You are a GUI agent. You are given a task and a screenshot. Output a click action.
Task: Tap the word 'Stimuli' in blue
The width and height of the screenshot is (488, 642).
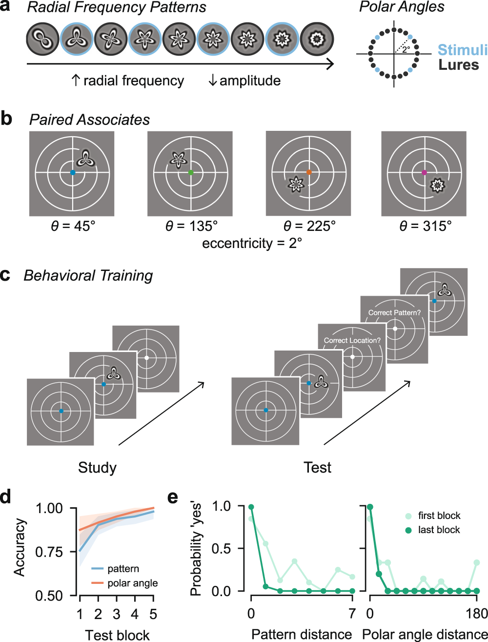(x=462, y=50)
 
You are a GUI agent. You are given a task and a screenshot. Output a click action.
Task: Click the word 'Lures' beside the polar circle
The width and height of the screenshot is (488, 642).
(x=459, y=65)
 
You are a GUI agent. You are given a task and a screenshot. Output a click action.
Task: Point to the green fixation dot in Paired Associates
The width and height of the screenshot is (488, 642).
(x=191, y=172)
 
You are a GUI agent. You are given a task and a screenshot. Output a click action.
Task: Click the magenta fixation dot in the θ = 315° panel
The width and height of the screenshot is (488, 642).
(x=424, y=172)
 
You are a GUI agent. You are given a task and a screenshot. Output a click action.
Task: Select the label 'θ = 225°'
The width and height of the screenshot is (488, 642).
(x=309, y=227)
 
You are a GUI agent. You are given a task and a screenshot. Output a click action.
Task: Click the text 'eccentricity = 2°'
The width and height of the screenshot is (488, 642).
(x=252, y=243)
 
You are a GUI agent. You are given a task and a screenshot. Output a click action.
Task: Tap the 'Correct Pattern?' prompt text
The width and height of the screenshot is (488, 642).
(x=394, y=312)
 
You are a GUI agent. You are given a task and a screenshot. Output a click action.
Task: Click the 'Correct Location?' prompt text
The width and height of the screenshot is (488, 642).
(x=352, y=340)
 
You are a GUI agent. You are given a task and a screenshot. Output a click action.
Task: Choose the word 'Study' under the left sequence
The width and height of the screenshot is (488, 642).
(x=97, y=468)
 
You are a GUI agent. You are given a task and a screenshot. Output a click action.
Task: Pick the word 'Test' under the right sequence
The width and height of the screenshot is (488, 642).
(x=317, y=468)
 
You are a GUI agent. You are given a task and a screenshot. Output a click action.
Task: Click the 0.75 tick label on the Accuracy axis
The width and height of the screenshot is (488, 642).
(x=49, y=552)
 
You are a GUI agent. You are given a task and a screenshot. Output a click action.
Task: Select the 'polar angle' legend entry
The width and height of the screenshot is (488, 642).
(x=132, y=583)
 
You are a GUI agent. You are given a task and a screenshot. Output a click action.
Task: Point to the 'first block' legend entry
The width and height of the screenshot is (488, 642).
(x=439, y=516)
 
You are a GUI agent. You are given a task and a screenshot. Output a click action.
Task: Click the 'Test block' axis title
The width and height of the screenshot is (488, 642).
(x=117, y=635)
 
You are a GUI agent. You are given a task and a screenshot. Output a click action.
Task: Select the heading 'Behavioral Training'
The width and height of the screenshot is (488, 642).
(x=88, y=276)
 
